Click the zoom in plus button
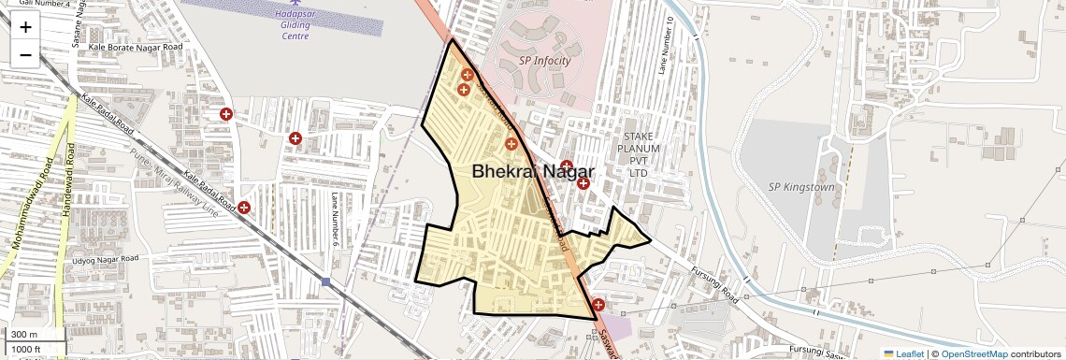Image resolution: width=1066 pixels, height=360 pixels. click(x=25, y=26)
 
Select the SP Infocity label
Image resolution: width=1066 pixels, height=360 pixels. click(x=544, y=62)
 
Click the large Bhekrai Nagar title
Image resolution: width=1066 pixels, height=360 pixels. click(x=533, y=171)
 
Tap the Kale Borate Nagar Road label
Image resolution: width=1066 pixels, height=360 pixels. click(x=135, y=46)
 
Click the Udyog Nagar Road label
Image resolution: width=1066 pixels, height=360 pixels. click(x=105, y=258)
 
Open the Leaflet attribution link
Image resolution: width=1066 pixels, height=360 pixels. click(x=903, y=353)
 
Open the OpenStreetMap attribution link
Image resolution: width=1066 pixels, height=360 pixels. click(x=973, y=353)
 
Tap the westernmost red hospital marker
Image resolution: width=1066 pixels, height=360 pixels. click(x=225, y=114)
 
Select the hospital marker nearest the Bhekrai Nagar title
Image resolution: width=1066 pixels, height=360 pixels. click(x=511, y=143)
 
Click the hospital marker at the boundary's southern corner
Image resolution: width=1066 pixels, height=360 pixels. click(x=598, y=304)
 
